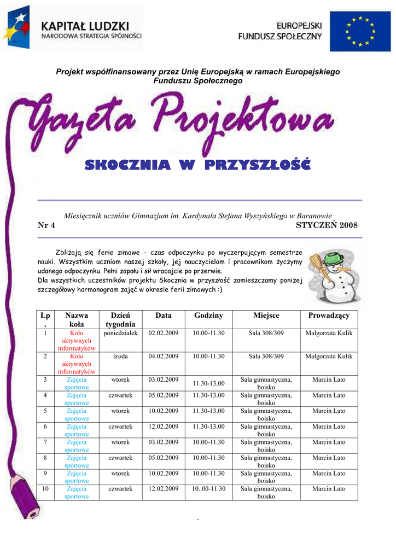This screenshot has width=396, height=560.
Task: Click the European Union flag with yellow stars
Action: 360,31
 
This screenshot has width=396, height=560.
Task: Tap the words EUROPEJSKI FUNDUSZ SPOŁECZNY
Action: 280,31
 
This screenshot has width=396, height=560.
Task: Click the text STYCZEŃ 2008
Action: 326,225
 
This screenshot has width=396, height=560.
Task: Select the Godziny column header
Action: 208,316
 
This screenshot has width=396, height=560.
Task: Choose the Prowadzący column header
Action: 329,316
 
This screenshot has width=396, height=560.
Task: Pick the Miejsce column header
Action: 266,316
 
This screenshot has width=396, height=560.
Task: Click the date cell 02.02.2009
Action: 164,333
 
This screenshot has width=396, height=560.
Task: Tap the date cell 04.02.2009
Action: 164,357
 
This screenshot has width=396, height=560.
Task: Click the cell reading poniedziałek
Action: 120,333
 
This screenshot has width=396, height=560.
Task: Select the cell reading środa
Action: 120,357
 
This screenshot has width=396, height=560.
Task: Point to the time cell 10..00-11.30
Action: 208,489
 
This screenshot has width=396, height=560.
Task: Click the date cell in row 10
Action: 164,489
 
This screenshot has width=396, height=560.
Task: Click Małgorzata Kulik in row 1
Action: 329,333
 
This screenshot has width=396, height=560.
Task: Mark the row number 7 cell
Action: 45,442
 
